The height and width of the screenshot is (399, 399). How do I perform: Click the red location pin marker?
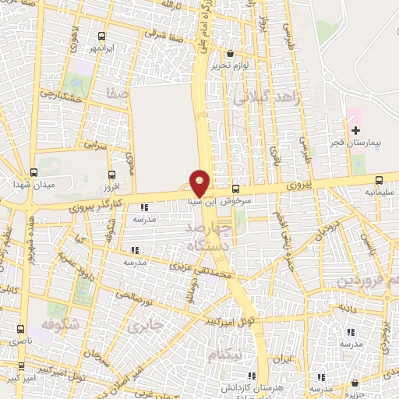(x=199, y=182)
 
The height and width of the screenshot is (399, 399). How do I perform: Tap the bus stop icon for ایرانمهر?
(x=101, y=36)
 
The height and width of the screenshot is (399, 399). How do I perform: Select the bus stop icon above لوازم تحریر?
(x=229, y=55)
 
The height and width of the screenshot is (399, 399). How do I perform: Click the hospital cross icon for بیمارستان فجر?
(x=355, y=129)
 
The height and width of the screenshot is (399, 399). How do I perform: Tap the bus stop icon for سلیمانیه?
(x=378, y=179)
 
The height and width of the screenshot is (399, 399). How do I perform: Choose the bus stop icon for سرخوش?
(x=235, y=189)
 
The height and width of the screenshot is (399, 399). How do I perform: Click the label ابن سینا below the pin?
(x=202, y=200)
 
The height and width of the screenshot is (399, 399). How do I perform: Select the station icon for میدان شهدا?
(x=33, y=173)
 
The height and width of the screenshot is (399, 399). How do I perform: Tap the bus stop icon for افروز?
(x=111, y=175)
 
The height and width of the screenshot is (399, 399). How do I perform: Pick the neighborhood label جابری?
(x=147, y=323)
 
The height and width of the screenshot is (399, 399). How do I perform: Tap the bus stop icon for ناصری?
(x=20, y=329)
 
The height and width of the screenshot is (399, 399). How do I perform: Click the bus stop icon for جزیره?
(x=355, y=383)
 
